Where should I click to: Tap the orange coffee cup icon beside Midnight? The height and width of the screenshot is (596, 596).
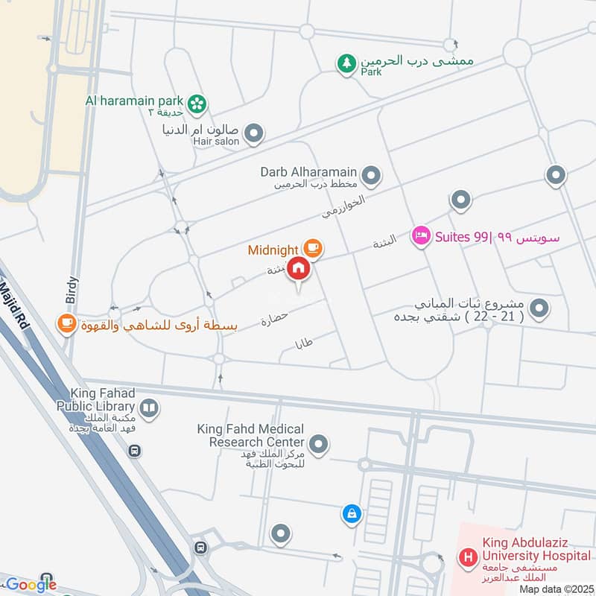pyautogui.click(x=312, y=248)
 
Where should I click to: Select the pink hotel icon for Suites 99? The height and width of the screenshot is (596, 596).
pyautogui.click(x=421, y=237)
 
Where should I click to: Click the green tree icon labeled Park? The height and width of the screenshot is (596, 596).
pyautogui.click(x=346, y=64)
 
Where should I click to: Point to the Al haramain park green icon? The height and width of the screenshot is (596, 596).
pyautogui.click(x=197, y=104)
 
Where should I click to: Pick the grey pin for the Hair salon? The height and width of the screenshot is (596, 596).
pyautogui.click(x=255, y=134)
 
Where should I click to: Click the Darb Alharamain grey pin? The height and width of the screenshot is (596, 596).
pyautogui.click(x=371, y=177)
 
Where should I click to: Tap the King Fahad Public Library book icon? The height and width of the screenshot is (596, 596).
pyautogui.click(x=149, y=408)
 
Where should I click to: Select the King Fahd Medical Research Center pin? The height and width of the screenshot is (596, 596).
pyautogui.click(x=319, y=445)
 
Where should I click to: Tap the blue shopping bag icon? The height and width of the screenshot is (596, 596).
pyautogui.click(x=352, y=513)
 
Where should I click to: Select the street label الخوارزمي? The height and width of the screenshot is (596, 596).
pyautogui.click(x=343, y=206)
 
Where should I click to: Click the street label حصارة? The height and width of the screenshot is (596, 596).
pyautogui.click(x=274, y=320)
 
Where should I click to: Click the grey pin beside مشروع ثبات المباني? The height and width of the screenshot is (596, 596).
pyautogui.click(x=542, y=308)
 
